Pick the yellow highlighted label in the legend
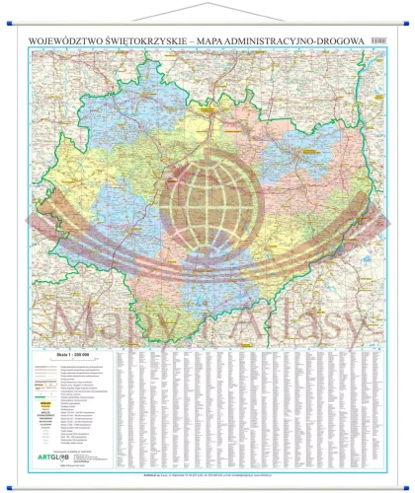pos(43,403)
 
